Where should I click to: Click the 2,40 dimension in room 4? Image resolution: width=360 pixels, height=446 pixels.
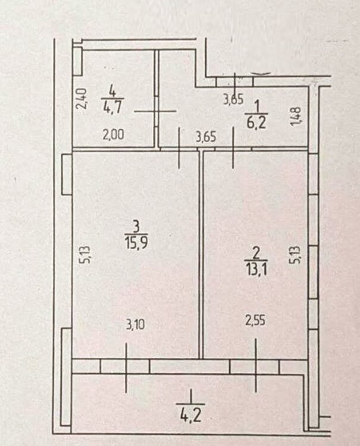point(82,99)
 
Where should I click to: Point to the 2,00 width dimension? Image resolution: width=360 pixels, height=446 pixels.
point(113,134)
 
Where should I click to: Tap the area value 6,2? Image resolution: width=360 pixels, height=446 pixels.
point(256,123)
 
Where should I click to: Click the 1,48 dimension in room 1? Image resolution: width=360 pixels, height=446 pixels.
point(295,116)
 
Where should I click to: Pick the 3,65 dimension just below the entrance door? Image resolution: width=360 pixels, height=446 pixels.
point(233,100)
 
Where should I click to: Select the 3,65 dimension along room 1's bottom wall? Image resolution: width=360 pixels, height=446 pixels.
point(206,137)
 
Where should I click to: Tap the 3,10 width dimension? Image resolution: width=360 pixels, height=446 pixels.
point(136,324)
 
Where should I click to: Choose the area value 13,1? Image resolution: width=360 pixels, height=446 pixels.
point(256,269)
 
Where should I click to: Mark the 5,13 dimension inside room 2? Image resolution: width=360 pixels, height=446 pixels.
point(295,255)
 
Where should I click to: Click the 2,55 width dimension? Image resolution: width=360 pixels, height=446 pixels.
point(255,321)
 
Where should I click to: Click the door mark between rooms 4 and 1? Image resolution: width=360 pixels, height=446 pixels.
point(156,111)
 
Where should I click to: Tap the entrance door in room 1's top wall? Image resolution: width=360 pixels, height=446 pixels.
point(235,81)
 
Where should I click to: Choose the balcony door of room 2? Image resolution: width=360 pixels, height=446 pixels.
point(255,367)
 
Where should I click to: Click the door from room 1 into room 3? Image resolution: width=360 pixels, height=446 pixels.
point(179,149)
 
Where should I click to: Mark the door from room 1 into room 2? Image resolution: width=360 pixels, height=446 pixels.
point(233,149)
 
